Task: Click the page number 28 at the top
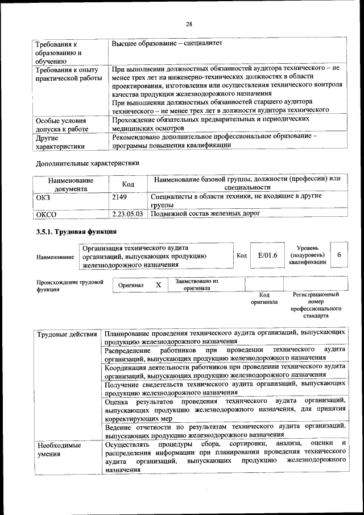pyautogui.click(x=189, y=23)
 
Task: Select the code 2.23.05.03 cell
pyautogui.click(x=128, y=214)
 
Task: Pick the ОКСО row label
pyautogui.click(x=47, y=215)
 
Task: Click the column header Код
pyautogui.click(x=128, y=183)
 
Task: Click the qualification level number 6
pyautogui.click(x=338, y=256)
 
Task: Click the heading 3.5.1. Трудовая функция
pyautogui.click(x=76, y=232)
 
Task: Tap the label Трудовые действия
pyautogui.click(x=66, y=333)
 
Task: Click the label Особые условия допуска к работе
pyautogui.click(x=61, y=125)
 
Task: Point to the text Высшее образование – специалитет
pyautogui.click(x=167, y=43)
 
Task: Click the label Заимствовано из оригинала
pyautogui.click(x=197, y=284)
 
